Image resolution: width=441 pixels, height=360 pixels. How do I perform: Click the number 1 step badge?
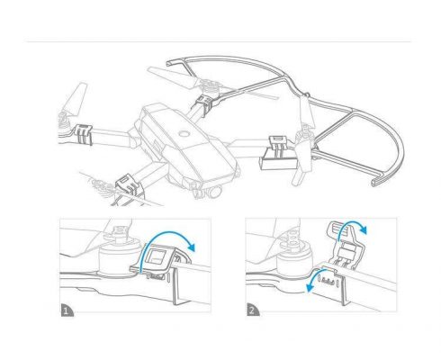67,310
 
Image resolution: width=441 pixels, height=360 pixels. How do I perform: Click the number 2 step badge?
252,310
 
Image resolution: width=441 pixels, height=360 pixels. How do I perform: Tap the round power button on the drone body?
184,134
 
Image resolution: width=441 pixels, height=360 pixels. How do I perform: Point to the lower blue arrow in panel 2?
313,277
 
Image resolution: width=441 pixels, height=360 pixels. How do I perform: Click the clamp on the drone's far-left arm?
84,134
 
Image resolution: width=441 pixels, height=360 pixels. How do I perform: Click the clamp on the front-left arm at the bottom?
129,184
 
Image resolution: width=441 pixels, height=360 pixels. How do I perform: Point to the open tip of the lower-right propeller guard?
377,182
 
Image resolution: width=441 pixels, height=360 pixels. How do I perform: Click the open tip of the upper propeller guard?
170,64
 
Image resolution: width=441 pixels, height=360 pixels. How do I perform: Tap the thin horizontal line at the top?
219,41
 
